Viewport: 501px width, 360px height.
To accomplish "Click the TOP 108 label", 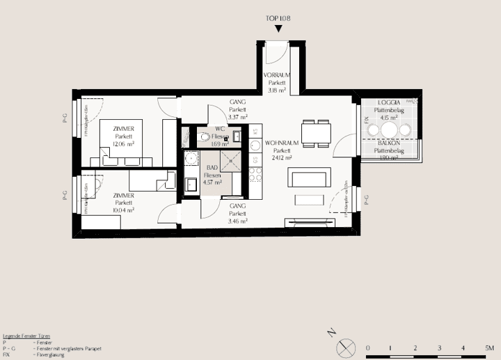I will [278, 19].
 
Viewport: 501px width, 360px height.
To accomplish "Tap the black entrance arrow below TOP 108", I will [278, 29].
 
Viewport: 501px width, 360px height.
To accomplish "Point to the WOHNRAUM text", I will [282, 143].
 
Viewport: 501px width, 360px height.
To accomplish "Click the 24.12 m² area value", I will [282, 158].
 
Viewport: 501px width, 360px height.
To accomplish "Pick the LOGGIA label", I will [389, 102].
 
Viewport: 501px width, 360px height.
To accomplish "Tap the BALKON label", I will [388, 143].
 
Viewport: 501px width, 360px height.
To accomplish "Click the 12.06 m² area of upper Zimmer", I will [123, 144].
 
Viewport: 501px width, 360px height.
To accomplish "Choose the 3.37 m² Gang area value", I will [238, 118].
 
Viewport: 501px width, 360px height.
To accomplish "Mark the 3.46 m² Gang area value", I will [238, 221].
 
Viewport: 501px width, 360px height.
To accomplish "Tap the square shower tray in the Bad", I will [233, 162].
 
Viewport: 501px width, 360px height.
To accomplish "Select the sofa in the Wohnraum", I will [306, 179].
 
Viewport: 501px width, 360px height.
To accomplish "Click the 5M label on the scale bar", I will [490, 346].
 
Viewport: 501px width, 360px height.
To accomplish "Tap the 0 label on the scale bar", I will [367, 346].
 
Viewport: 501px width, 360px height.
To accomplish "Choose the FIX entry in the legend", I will [6, 354].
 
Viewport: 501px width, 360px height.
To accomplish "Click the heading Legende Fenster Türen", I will [26, 336].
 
